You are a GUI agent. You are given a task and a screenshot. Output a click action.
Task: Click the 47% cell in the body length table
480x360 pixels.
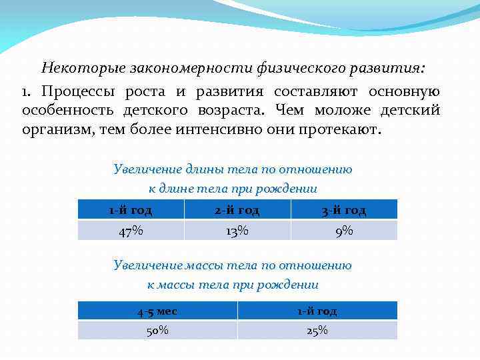[x=131, y=231]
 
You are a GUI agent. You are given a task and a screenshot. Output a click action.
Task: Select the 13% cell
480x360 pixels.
[x=237, y=231]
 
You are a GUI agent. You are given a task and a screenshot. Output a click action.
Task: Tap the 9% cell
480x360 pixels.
[x=344, y=231]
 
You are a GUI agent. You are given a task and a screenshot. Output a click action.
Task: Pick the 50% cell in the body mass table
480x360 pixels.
[x=157, y=331]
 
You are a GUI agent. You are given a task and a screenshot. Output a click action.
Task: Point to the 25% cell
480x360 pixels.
[x=317, y=331]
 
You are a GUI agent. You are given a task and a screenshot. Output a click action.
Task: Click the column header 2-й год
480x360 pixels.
[x=237, y=210]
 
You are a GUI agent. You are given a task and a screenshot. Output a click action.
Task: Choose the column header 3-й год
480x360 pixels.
[x=344, y=210]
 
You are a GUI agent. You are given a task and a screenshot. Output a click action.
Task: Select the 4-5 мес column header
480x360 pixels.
[x=157, y=311]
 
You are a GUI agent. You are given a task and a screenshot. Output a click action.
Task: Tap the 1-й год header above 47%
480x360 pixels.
[x=131, y=210]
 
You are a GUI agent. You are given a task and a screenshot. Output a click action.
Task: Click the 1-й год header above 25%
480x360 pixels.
[x=317, y=311]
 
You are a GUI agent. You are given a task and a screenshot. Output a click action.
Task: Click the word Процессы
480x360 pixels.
[x=74, y=91]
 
